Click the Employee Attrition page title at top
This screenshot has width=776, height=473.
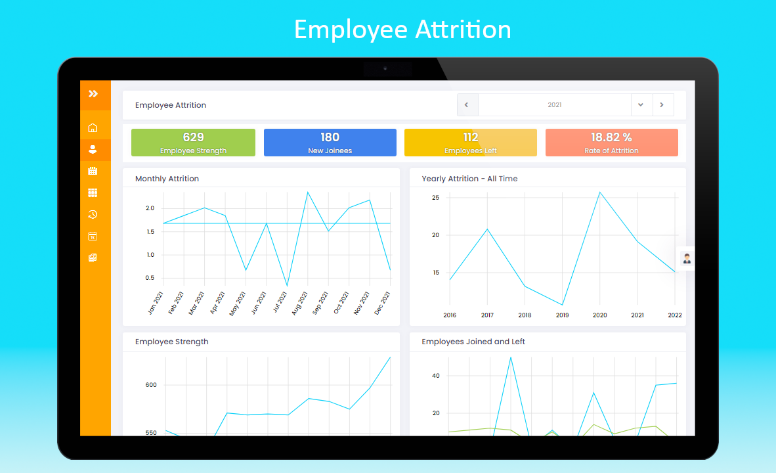(x=171, y=105)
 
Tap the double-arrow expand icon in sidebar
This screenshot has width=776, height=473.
(x=93, y=94)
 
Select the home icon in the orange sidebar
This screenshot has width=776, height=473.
(x=93, y=128)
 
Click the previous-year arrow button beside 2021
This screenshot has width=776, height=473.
(x=467, y=105)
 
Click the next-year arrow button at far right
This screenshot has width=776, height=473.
(x=662, y=105)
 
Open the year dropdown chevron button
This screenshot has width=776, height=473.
(x=641, y=105)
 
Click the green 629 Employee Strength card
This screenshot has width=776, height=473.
(x=193, y=143)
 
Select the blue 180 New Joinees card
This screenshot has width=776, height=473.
(x=330, y=143)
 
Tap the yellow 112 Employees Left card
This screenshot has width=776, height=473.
(x=470, y=143)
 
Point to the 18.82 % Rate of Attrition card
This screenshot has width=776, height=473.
(x=611, y=143)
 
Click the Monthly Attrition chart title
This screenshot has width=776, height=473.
(x=167, y=179)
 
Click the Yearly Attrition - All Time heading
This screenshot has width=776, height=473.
(x=469, y=179)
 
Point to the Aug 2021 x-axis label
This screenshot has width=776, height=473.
(x=301, y=303)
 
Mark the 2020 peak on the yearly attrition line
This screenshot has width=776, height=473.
(x=599, y=192)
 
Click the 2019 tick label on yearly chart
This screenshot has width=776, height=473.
(x=562, y=315)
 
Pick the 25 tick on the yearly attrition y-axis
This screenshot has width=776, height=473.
(x=435, y=198)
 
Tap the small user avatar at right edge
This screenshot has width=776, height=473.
(x=687, y=258)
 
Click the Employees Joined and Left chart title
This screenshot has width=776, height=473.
(x=473, y=342)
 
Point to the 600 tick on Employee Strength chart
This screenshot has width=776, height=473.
(x=151, y=385)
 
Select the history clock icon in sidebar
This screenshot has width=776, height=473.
(x=93, y=215)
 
